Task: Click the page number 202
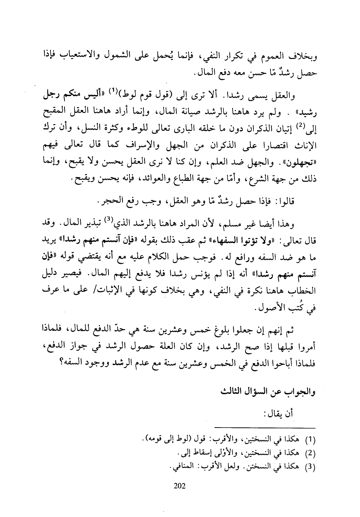point(179,486)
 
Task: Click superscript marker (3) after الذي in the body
point(130,218)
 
